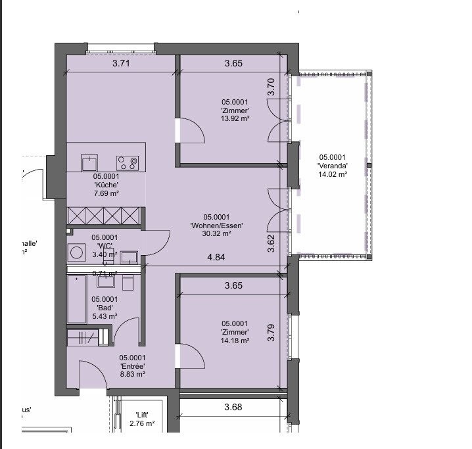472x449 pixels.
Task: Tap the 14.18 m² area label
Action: pyautogui.click(x=235, y=341)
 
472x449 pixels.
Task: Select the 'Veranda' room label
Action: pyautogui.click(x=333, y=166)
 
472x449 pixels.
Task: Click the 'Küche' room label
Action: pyautogui.click(x=106, y=185)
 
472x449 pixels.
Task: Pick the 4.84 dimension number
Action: pyautogui.click(x=216, y=257)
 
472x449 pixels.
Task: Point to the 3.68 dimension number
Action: pyautogui.click(x=233, y=408)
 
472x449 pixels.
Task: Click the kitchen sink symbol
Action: pyautogui.click(x=89, y=162)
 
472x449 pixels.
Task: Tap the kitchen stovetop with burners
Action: pyautogui.click(x=128, y=161)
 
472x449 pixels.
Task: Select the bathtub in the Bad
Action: pyautogui.click(x=77, y=299)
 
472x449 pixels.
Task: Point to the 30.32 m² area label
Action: pyautogui.click(x=217, y=233)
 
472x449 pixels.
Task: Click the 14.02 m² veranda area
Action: pyautogui.click(x=333, y=174)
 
